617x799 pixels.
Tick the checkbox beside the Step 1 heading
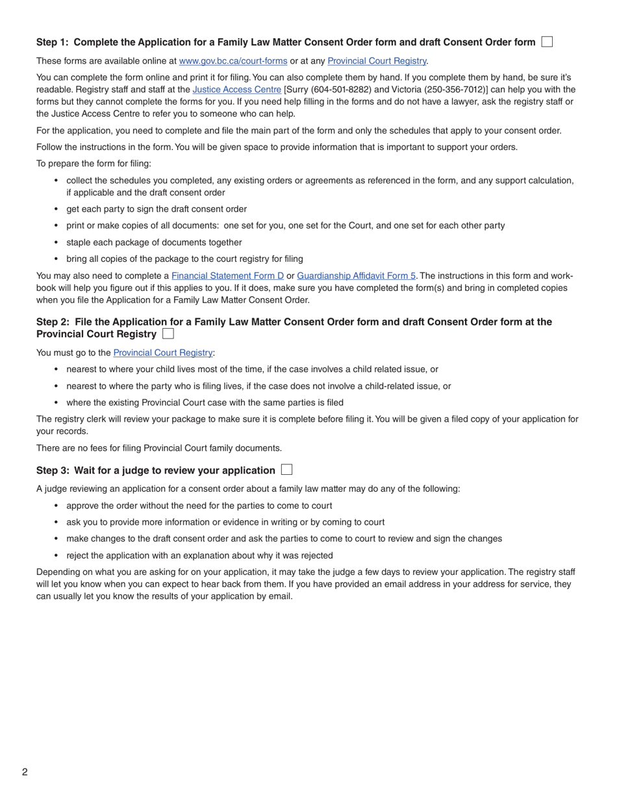(547, 42)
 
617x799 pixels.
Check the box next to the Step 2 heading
(168, 334)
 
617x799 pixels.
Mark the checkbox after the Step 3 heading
(287, 470)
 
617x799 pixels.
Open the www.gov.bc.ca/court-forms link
(233, 61)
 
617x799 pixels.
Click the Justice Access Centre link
(236, 90)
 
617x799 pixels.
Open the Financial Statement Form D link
(227, 275)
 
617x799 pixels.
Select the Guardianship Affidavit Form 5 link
(356, 275)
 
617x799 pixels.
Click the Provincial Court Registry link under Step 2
(162, 353)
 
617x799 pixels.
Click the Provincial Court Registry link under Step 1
(377, 61)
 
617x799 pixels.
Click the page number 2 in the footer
(25, 772)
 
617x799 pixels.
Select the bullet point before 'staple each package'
(57, 242)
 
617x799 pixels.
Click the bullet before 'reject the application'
(57, 555)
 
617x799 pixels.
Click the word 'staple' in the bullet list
(79, 242)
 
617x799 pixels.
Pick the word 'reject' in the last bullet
(79, 555)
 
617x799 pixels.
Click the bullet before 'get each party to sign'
(57, 209)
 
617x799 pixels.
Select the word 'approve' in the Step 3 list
(83, 505)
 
